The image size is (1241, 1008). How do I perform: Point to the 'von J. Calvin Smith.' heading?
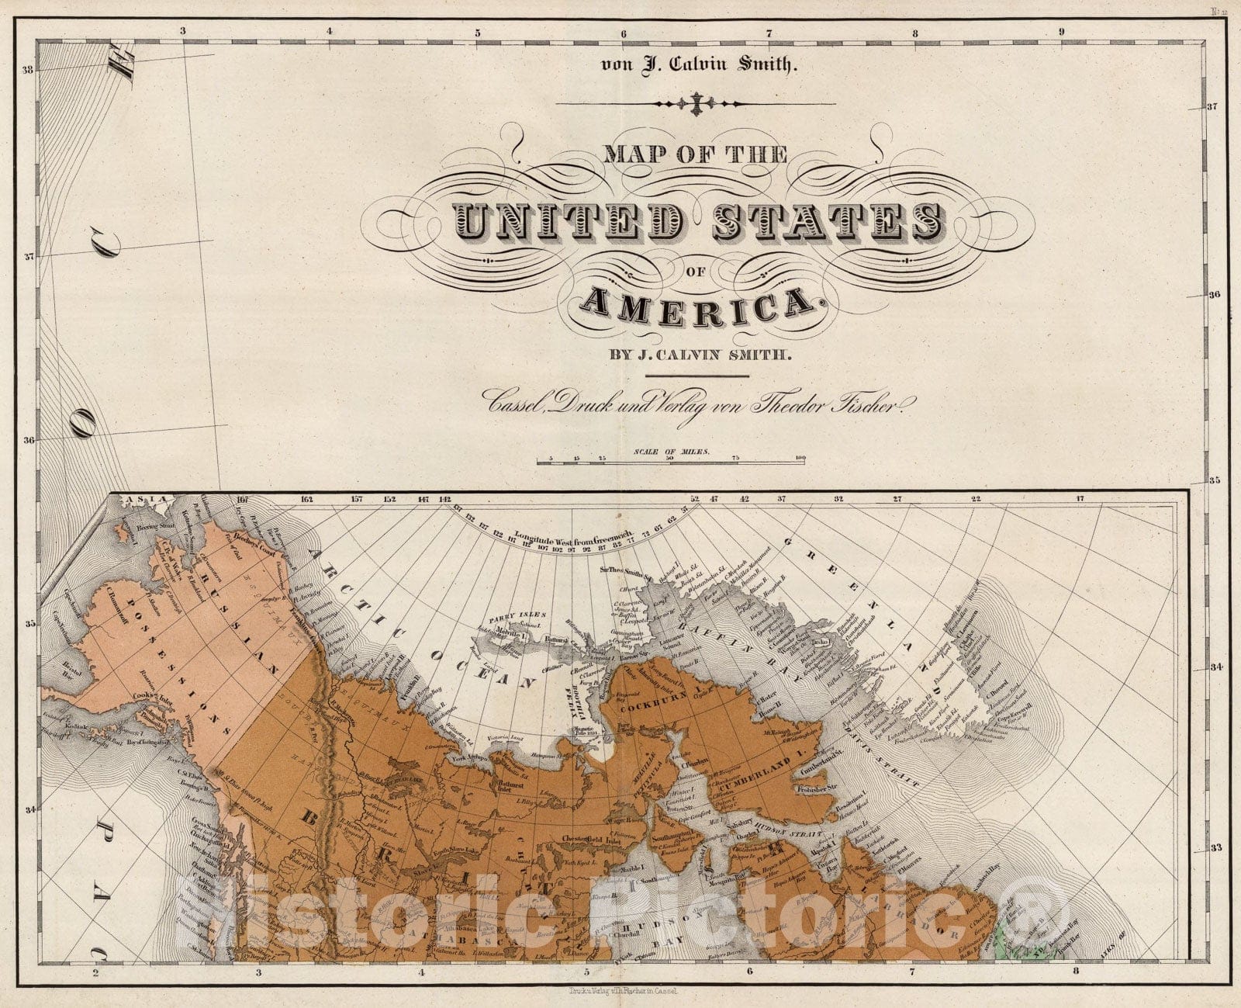point(698,64)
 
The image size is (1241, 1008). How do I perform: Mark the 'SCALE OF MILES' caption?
point(672,451)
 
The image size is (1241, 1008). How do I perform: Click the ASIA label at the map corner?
point(128,499)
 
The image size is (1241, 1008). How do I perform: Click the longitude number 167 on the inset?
point(243,500)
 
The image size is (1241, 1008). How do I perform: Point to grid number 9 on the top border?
point(1061,33)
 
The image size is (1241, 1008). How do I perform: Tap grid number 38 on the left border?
point(29,70)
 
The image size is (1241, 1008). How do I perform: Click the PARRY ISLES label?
point(509,618)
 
